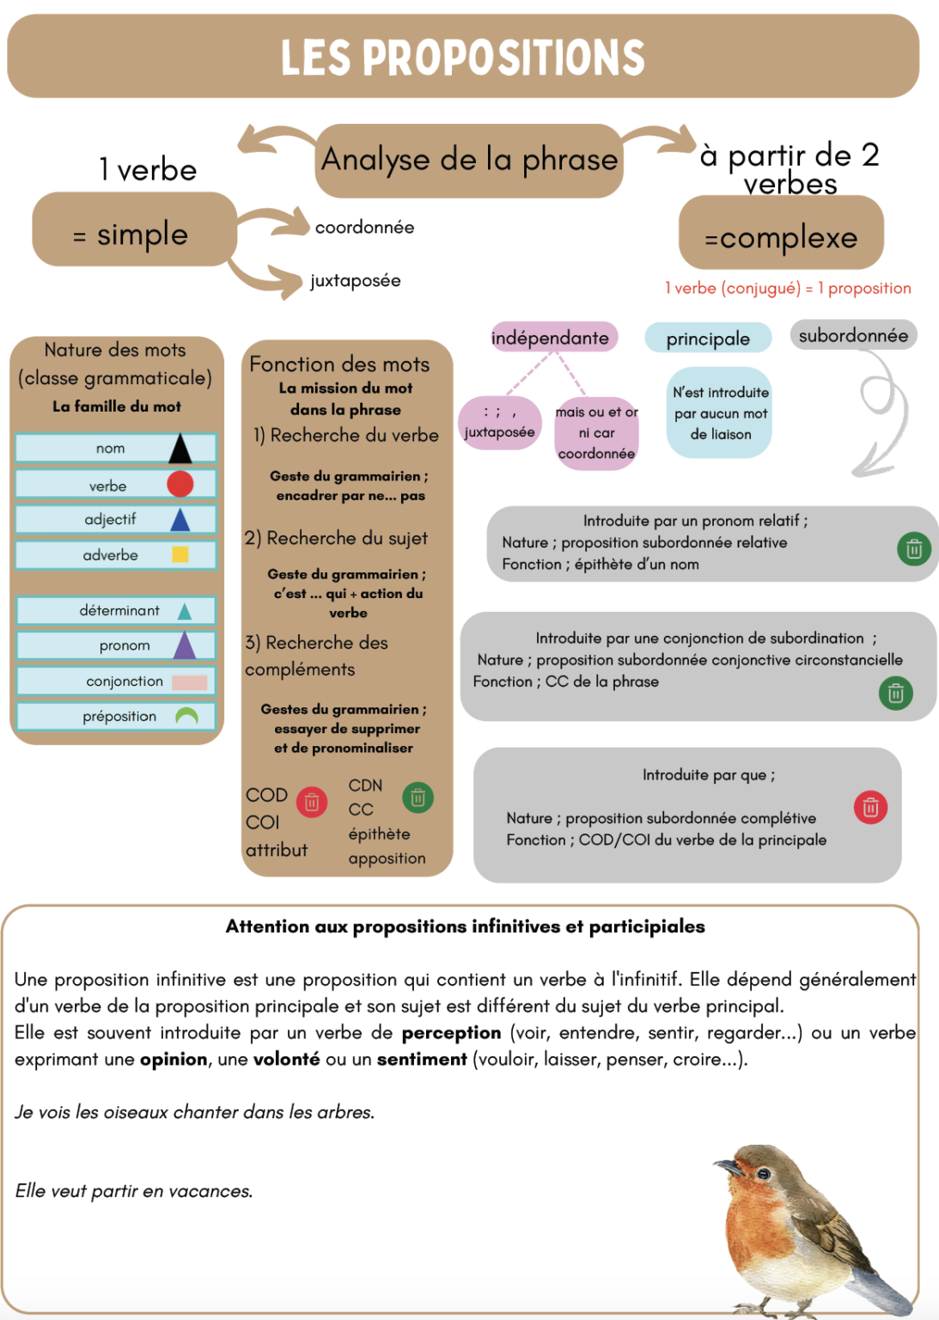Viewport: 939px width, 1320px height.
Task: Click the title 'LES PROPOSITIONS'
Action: coord(462,58)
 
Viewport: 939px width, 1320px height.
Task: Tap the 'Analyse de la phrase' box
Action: coord(469,161)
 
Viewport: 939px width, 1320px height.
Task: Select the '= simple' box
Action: coord(134,234)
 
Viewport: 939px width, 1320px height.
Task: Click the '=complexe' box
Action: coord(781,237)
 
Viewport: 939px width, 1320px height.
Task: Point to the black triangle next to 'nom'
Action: coord(180,449)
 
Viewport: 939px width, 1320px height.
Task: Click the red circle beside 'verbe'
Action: coord(180,484)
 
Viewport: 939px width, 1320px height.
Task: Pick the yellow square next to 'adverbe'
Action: coord(180,554)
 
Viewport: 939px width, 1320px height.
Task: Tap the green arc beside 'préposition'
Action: coord(186,716)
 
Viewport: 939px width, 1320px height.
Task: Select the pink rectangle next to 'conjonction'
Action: coord(189,682)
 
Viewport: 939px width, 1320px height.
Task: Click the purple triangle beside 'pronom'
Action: coord(185,645)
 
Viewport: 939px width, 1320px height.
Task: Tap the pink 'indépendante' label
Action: coord(550,338)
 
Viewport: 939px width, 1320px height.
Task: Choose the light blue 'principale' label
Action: coord(708,339)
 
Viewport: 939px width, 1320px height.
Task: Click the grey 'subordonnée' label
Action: coord(853,335)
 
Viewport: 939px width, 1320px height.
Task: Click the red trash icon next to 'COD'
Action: coord(312,802)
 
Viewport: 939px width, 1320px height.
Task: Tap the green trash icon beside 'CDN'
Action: coord(418,797)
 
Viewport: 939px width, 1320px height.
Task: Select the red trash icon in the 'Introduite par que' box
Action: coord(870,807)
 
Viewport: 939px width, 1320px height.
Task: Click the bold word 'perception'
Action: coord(451,1033)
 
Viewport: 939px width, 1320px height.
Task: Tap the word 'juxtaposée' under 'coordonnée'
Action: coord(356,281)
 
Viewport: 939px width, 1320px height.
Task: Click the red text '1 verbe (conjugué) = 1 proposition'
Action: coord(788,289)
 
